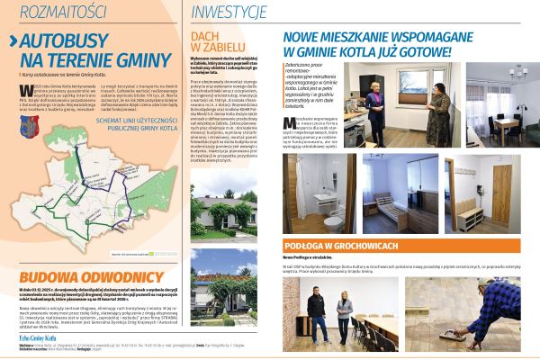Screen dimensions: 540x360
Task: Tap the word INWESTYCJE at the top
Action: coord(229,12)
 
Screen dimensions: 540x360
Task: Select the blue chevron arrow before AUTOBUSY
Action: coord(13,42)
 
